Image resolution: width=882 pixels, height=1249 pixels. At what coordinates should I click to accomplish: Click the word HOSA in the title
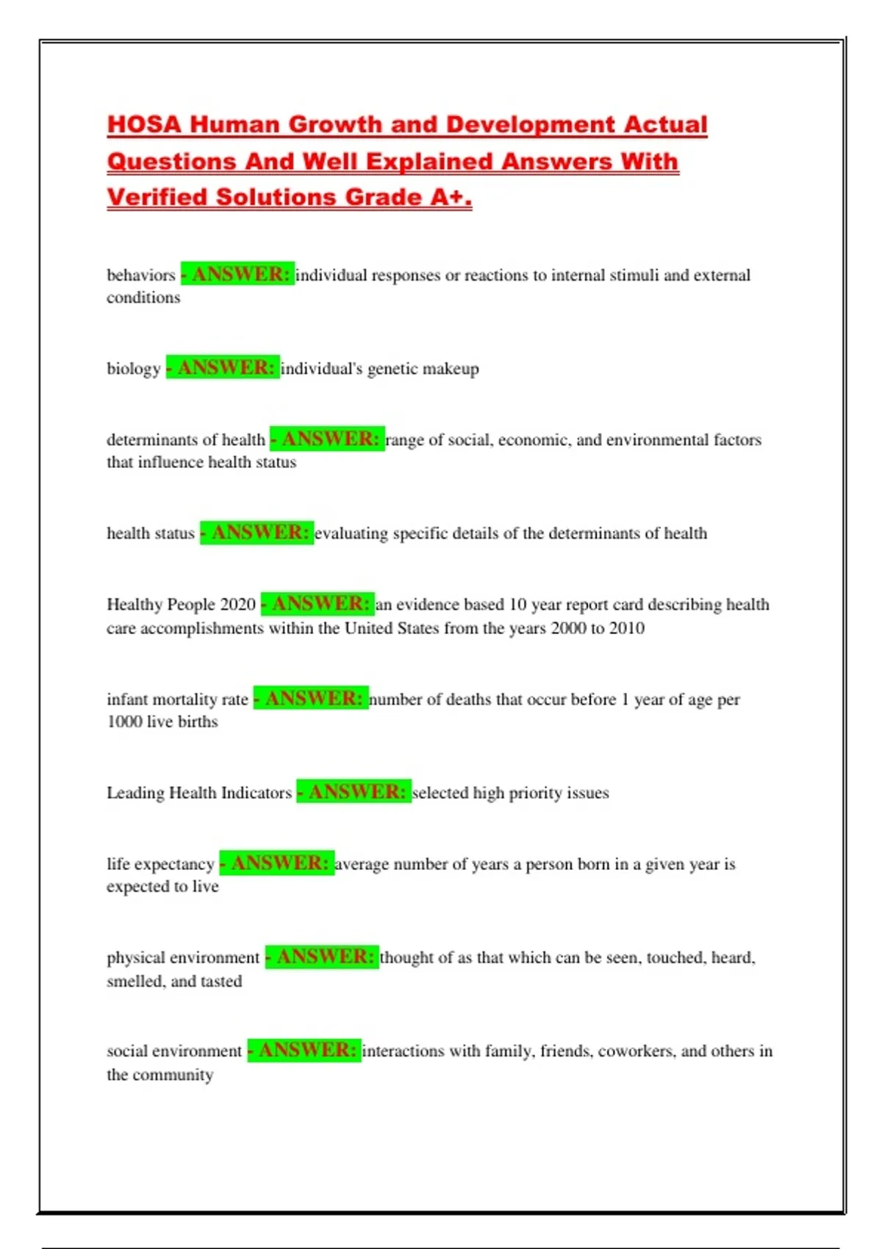tap(144, 124)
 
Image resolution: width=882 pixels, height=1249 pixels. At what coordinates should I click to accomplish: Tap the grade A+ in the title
tap(451, 197)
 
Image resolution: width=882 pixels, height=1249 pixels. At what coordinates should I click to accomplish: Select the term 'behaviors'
tap(141, 276)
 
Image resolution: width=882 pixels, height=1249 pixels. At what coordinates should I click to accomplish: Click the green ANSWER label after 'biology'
tap(223, 367)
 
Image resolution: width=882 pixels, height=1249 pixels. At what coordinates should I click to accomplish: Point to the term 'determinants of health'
tap(186, 440)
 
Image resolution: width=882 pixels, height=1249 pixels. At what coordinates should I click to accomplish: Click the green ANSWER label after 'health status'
tap(257, 533)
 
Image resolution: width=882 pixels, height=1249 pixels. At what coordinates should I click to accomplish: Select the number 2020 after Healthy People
tap(238, 605)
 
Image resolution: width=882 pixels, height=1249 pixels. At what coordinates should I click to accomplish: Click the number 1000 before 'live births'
tap(124, 721)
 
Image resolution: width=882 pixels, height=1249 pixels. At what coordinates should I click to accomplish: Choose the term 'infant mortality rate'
tap(177, 699)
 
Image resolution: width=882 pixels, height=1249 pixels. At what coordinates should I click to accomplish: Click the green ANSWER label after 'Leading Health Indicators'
tap(354, 792)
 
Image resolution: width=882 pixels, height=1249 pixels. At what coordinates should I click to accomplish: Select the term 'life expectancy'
tap(160, 864)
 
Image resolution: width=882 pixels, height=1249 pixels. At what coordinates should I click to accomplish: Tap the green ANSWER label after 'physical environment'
tap(322, 957)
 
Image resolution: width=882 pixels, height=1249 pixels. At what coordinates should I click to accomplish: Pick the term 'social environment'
tap(174, 1051)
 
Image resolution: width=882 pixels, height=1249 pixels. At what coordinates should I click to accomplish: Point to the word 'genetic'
tap(392, 369)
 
